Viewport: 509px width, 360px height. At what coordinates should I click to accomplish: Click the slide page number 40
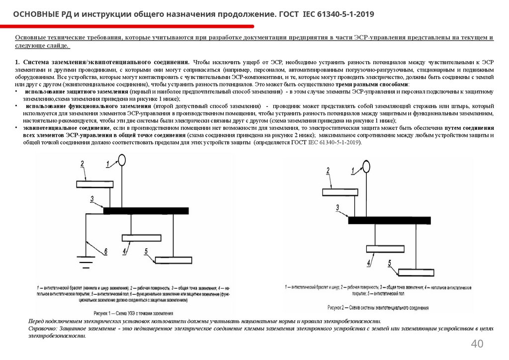(477, 344)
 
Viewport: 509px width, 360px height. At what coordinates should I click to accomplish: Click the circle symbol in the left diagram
(121, 159)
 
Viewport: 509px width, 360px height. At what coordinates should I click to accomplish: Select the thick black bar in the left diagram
(146, 210)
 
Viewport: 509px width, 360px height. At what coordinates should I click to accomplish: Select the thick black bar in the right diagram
(389, 220)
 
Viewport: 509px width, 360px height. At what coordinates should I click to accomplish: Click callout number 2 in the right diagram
(328, 171)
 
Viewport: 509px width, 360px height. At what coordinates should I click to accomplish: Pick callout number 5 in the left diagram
(146, 251)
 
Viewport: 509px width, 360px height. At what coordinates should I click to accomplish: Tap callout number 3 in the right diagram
(338, 207)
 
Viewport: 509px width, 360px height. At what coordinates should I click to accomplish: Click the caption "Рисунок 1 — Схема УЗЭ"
(133, 314)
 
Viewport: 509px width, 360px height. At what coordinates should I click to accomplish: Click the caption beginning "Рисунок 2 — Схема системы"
(378, 308)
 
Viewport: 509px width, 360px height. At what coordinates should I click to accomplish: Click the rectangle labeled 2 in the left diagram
(95, 184)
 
